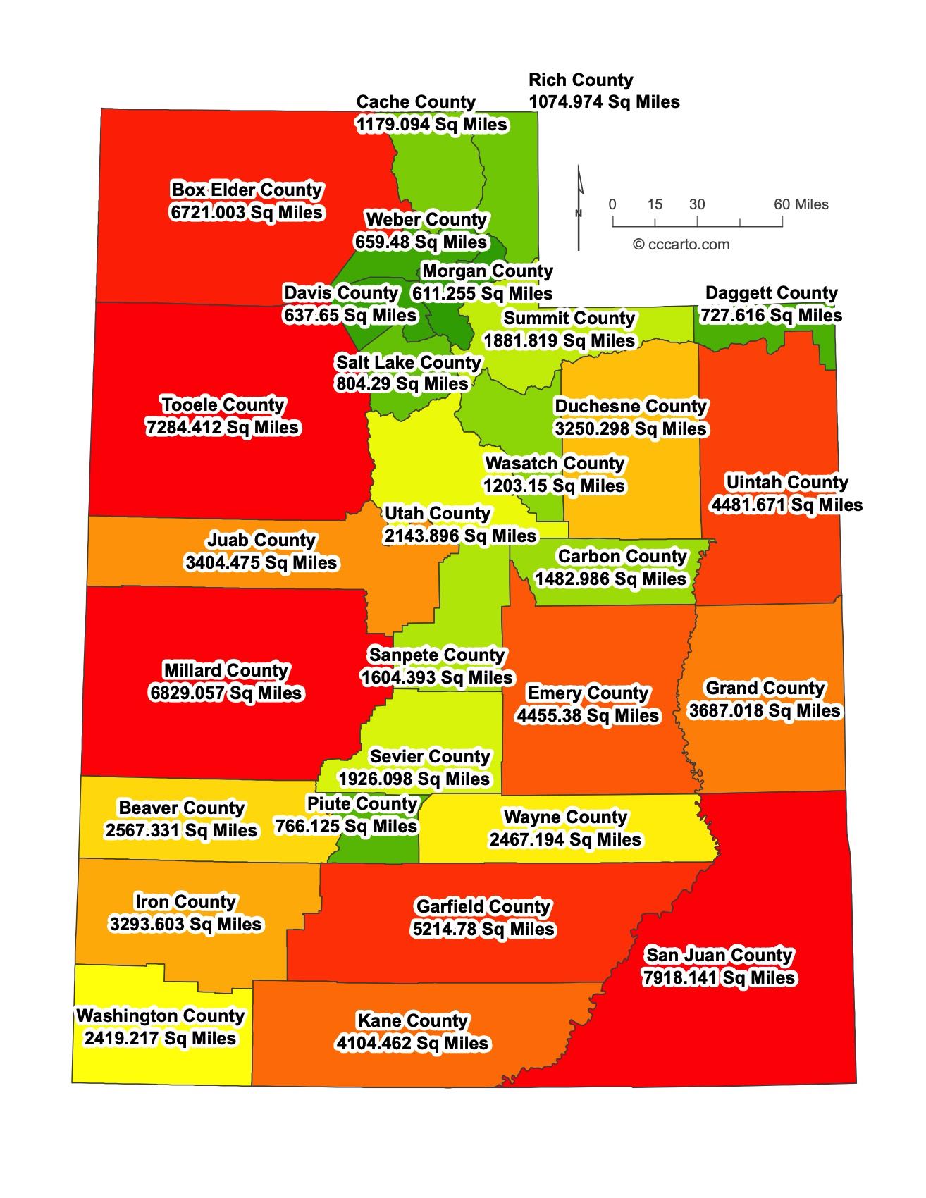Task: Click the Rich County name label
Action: tap(581, 80)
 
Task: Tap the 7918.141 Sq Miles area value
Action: tap(719, 978)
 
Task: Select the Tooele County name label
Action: tap(223, 405)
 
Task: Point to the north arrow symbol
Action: tap(579, 208)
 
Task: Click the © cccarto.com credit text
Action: tap(681, 245)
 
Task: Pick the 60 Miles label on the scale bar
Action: tap(801, 204)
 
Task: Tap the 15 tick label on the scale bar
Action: tap(655, 204)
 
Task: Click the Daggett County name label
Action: tap(771, 293)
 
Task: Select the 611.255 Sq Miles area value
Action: tap(483, 293)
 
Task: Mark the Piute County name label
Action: tap(362, 804)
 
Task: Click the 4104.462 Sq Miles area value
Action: tap(412, 1044)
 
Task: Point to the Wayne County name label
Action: tap(565, 817)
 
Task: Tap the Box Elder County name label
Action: tap(247, 190)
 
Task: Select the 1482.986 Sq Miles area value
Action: tap(610, 579)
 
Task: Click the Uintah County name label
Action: tap(786, 483)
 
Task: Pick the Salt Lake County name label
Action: tap(408, 362)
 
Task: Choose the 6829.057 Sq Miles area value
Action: tap(226, 693)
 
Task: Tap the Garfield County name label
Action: tap(483, 907)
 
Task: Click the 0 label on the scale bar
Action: tap(612, 204)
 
